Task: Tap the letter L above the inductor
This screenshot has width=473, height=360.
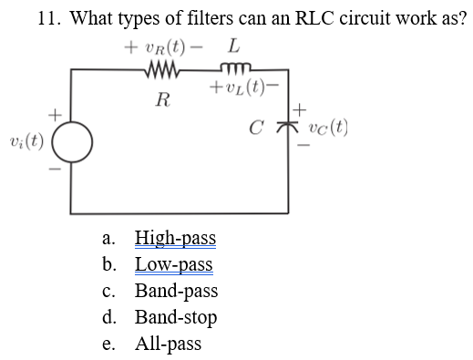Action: pos(235,44)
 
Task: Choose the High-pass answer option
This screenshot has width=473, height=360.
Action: pos(175,240)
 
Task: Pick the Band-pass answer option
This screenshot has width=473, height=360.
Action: pos(176,293)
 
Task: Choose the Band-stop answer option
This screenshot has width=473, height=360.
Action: pos(176,318)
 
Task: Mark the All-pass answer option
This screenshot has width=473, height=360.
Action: pos(168,345)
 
